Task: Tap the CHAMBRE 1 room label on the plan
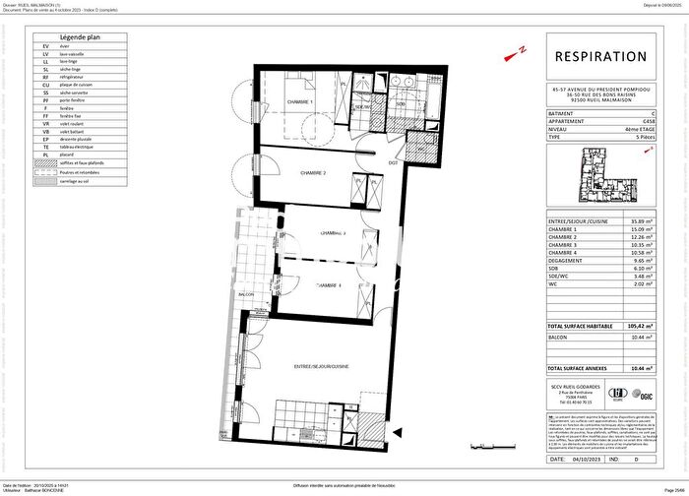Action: (299, 101)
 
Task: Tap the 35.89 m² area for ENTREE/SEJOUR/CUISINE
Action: (646, 221)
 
